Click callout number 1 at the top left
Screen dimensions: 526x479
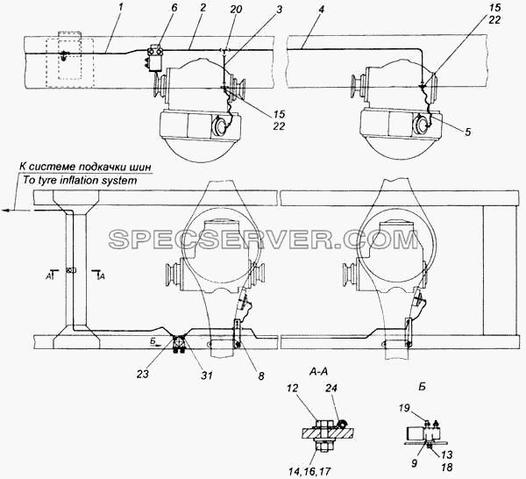click(x=120, y=8)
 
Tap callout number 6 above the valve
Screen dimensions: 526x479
click(x=174, y=8)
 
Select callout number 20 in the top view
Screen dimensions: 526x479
click(x=236, y=9)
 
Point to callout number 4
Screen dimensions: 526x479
click(x=321, y=10)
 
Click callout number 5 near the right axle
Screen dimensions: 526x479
click(x=467, y=132)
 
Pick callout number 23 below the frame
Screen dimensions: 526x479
click(x=143, y=374)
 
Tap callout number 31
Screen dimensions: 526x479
click(x=207, y=375)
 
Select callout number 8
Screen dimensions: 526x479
click(x=261, y=375)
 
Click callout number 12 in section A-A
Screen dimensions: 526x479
click(x=293, y=389)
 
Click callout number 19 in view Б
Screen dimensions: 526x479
click(x=405, y=408)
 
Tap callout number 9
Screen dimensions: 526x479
click(x=415, y=463)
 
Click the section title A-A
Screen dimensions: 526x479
click(x=318, y=372)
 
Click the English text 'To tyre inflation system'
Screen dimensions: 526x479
click(x=80, y=180)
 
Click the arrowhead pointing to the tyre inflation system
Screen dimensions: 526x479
click(x=6, y=211)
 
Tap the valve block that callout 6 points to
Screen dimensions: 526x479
click(x=154, y=58)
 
